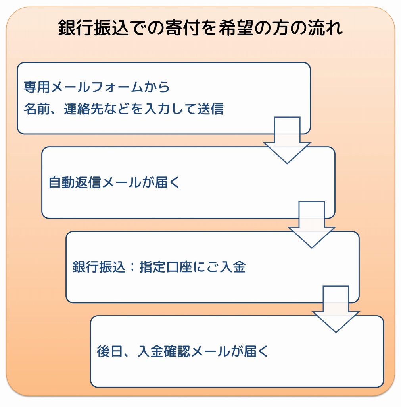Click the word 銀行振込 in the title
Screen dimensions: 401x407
[93, 28]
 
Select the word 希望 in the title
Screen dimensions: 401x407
[236, 28]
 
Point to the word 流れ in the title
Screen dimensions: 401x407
[325, 28]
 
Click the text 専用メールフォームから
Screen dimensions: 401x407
[97, 87]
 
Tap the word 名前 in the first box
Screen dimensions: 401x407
[37, 109]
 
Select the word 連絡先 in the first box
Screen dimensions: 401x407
[84, 109]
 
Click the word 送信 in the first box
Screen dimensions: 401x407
[211, 109]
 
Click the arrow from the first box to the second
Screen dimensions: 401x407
[287, 140]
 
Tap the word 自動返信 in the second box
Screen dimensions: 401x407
[75, 182]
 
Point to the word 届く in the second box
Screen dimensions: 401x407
[167, 182]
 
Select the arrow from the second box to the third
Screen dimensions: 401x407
[312, 225]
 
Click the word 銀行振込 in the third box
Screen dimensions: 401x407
[99, 267]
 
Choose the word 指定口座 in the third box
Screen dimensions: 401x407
[166, 267]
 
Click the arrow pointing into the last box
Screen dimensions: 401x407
[336, 309]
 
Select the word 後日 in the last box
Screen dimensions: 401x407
[110, 351]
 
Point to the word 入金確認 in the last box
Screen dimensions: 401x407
[164, 351]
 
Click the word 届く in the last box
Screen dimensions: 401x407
[256, 351]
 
